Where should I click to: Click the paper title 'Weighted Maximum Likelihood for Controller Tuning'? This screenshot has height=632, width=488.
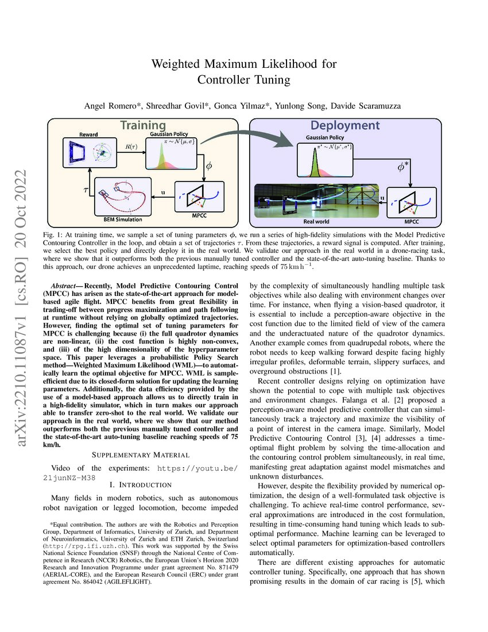pos(243,71)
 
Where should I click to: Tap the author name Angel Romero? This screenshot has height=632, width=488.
pos(110,106)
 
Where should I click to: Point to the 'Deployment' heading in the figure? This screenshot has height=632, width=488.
pos(344,125)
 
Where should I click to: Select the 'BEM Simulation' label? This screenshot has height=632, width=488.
pos(119,219)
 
